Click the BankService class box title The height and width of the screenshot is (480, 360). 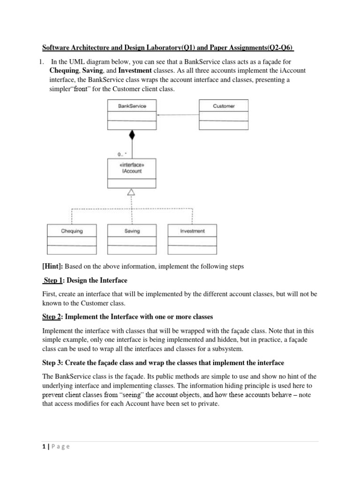pos(132,106)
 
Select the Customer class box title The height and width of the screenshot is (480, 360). pos(224,106)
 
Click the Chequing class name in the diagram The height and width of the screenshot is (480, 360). pos(72,231)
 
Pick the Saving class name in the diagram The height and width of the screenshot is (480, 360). pos(132,231)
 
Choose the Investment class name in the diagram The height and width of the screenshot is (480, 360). pos(192,231)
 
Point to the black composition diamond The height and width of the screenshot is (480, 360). pos(132,135)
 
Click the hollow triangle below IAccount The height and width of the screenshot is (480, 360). pos(132,192)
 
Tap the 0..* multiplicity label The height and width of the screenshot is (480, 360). pos(122,153)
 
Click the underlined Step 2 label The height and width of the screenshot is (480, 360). pos(52,316)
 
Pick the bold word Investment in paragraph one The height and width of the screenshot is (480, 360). pos(135,70)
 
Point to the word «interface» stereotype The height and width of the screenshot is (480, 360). pos(132,165)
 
